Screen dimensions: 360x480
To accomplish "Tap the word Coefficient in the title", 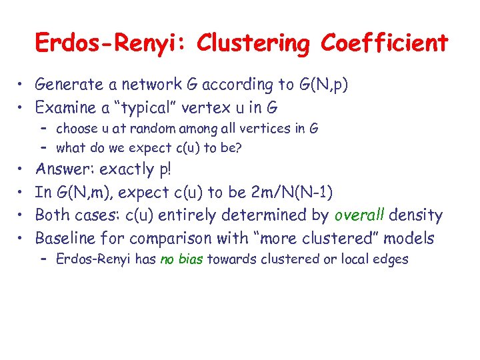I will tap(385, 43).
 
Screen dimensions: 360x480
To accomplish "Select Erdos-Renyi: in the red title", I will tap(112, 43).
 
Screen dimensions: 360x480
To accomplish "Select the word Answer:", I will tap(61, 169).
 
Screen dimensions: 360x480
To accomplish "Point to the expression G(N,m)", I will tap(83, 193).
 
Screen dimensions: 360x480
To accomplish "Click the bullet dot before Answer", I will tap(23, 170).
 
